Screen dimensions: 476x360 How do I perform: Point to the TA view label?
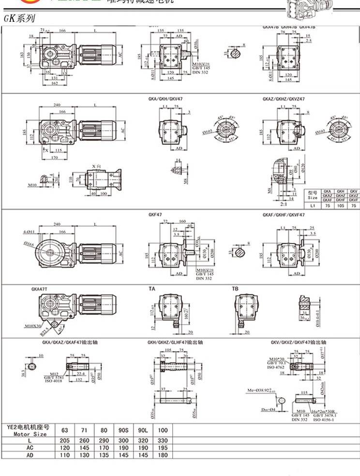coord(152,289)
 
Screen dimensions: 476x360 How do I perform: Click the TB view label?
coord(235,289)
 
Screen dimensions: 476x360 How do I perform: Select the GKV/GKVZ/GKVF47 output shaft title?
coord(299,342)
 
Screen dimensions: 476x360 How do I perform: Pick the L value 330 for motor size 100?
coord(163,441)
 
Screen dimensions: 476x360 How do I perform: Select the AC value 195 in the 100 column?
coord(163,448)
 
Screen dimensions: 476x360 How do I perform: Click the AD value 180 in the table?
coord(163,455)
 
